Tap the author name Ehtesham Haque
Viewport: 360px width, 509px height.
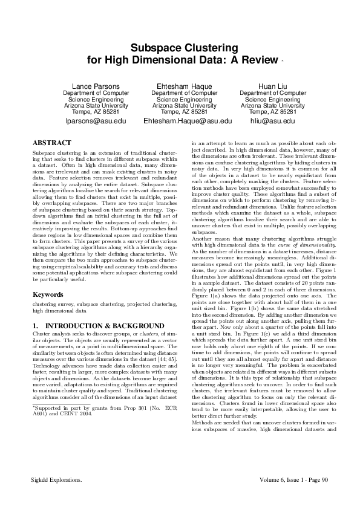click(180, 86)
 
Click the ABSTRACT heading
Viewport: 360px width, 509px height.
click(53, 143)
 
